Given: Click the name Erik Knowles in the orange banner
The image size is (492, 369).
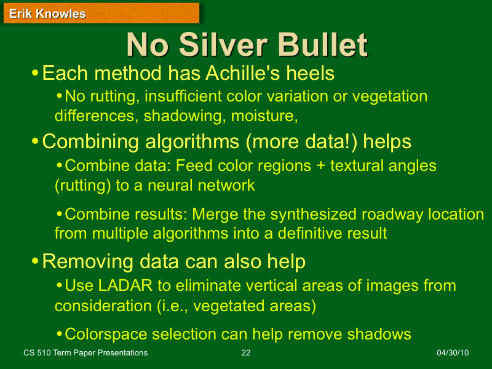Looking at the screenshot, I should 47,14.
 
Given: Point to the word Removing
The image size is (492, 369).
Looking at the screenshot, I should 79,261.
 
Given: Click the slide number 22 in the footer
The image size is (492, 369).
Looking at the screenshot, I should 246,353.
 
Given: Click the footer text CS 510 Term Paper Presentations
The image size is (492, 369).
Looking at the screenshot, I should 85,353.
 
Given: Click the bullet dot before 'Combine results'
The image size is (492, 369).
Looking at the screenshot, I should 59,214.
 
